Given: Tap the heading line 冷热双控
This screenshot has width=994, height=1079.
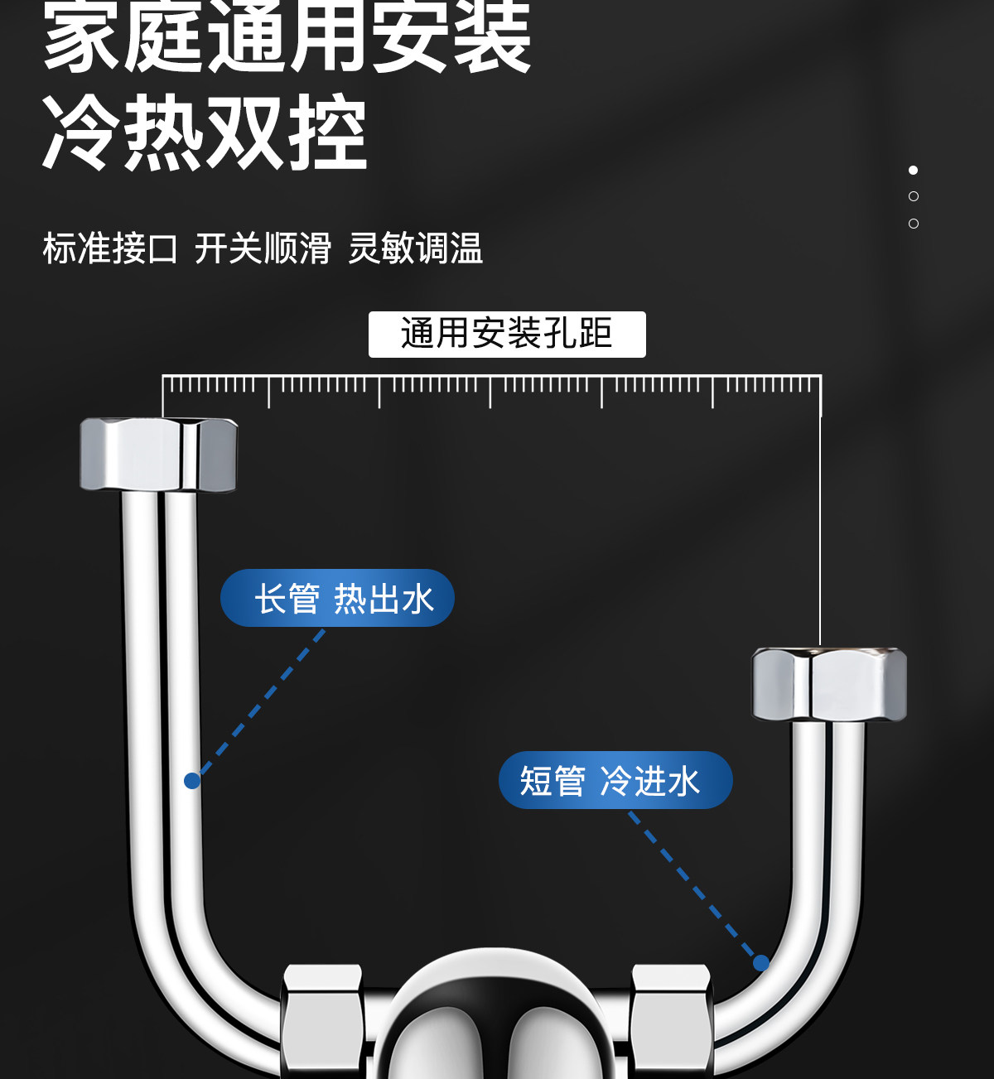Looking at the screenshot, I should point(205,132).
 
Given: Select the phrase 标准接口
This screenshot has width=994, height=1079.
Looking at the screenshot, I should point(110,248).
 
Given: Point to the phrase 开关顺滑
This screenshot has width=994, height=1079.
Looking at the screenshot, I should point(263,248).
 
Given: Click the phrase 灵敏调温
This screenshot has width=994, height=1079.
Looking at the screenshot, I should point(415,248).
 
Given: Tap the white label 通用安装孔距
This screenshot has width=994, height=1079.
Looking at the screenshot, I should point(507,335).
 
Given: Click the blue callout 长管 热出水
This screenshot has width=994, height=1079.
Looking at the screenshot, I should point(337,598).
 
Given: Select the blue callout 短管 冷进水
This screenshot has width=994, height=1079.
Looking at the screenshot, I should point(615,780).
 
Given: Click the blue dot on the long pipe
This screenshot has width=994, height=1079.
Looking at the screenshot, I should point(192,781).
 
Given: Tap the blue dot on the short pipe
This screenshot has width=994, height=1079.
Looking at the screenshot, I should point(761,963).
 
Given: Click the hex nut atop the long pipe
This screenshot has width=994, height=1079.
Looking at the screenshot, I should point(158,455).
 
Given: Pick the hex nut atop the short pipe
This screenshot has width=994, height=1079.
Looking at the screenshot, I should point(829,684).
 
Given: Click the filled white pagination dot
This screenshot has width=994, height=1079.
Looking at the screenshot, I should point(913,170).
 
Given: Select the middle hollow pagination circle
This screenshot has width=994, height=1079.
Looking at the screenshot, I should point(913,196).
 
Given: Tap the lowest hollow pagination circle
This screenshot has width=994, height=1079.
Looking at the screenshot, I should point(913,224).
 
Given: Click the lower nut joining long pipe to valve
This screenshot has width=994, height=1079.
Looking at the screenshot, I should point(323,1020).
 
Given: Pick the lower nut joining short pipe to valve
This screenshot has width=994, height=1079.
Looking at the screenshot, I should point(671,1020).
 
